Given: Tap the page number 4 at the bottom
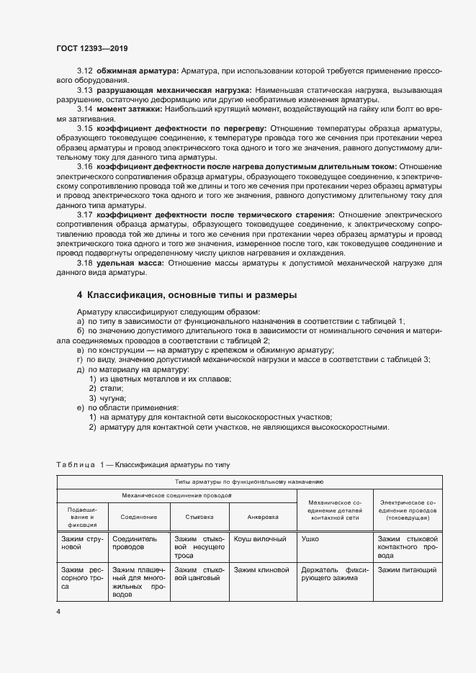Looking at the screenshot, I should click(x=59, y=612).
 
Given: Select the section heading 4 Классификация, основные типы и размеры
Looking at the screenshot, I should click(x=187, y=295).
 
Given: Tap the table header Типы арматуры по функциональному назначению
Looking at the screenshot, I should click(x=248, y=482).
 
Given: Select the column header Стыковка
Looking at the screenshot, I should click(x=199, y=517).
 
